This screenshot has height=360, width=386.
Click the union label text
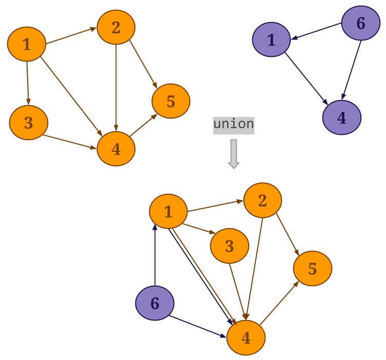coord(234,124)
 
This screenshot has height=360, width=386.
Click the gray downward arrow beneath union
coord(234,153)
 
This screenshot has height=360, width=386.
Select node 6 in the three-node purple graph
coord(361,23)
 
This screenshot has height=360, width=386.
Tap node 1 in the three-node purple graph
coord(271,39)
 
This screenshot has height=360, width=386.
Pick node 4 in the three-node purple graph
coord(341,117)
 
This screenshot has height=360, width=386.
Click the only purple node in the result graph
coord(155,303)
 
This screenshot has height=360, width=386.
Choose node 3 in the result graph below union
coord(229,246)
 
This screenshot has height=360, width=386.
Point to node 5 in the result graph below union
coord(312,269)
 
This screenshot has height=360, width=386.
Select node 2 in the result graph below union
coord(262,201)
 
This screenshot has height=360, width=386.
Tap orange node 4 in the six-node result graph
coord(246,337)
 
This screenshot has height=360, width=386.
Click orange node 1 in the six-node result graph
coord(168,211)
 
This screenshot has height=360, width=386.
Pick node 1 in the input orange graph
coord(27,44)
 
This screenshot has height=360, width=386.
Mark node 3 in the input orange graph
coord(28,123)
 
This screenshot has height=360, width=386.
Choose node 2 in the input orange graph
coord(116,27)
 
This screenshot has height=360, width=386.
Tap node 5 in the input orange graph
coord(171,101)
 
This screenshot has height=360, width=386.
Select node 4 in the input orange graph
coord(116,149)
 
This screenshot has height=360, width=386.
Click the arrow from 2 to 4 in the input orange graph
coord(116,87)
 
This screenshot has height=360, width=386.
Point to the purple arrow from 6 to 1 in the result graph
coord(155,256)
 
